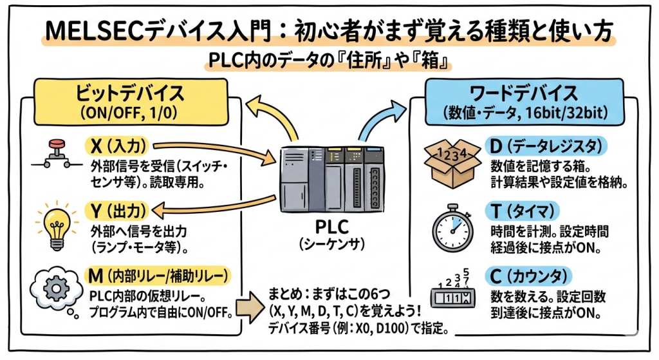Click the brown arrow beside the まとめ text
click(x=246, y=307)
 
